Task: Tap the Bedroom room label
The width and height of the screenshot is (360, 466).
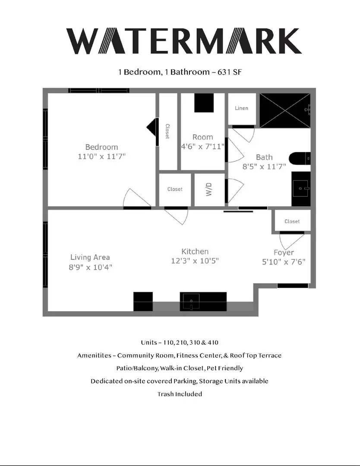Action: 101,147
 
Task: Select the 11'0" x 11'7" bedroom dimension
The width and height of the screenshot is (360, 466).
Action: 101,157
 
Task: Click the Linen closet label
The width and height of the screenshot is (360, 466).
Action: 241,108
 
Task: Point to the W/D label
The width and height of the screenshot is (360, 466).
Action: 209,190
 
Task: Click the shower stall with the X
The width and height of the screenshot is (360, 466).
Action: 284,110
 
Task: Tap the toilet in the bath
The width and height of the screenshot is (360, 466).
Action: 299,159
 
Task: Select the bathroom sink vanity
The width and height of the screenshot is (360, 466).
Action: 300,189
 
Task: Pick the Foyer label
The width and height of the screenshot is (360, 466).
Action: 284,252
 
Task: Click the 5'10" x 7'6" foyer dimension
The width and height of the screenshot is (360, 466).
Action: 284,262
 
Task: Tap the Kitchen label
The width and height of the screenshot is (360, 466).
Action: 195,251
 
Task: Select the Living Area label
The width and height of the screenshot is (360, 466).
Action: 90,257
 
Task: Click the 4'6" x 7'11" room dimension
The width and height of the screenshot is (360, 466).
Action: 203,147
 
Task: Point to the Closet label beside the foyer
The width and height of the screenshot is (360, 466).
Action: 292,221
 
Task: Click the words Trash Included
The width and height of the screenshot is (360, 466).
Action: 180,394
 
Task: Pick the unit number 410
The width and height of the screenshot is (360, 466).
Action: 212,343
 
